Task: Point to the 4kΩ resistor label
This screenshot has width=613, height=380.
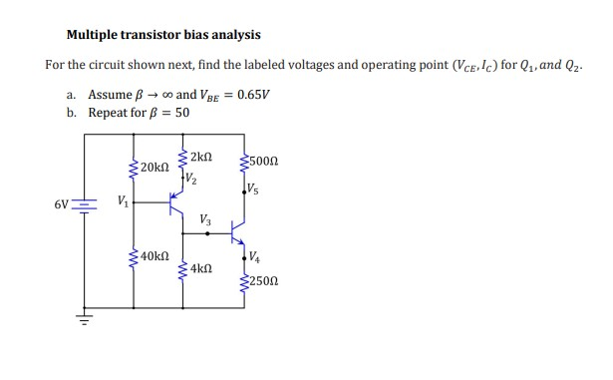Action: (199, 268)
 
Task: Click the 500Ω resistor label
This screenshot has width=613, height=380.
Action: (266, 162)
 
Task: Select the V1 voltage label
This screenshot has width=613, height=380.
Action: (123, 200)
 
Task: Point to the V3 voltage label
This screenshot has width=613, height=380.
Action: (204, 218)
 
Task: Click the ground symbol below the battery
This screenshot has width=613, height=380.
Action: (84, 320)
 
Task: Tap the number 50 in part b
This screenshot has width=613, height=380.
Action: (181, 113)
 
